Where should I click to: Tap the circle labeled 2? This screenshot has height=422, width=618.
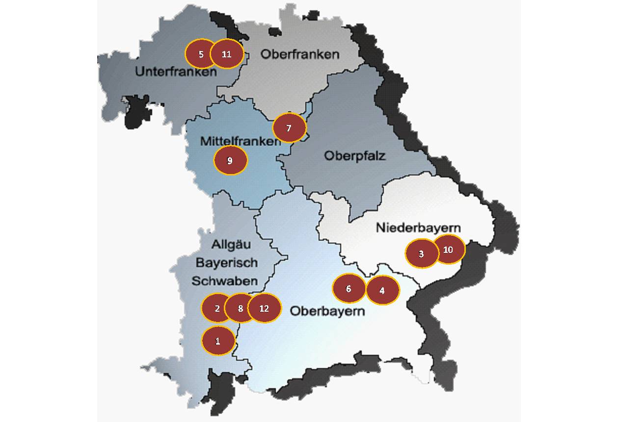pos(216,308)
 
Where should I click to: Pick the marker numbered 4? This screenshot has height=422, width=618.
pos(382,290)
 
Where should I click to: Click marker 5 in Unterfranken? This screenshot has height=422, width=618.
pos(201,54)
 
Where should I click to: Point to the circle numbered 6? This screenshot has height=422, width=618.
pos(349,288)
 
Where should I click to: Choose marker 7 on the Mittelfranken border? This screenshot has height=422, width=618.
pos(289,128)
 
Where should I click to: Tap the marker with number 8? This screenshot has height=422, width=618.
pos(241,308)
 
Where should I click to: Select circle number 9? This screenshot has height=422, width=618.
pos(230,160)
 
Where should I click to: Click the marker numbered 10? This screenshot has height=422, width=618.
pos(448,249)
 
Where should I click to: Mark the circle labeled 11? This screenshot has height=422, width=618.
pos(226,54)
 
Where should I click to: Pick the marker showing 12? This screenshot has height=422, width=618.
pos(265,308)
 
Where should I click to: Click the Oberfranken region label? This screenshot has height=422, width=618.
pos(299,54)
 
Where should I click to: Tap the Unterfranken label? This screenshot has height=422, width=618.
pos(175,72)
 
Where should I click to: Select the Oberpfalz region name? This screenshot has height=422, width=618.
pos(355,156)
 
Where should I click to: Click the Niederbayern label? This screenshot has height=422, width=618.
pos(418,228)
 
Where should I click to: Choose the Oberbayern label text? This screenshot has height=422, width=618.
pos(327,311)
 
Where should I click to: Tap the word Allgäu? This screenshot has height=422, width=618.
pos(227,244)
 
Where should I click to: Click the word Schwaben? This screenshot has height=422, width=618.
pos(224,281)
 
